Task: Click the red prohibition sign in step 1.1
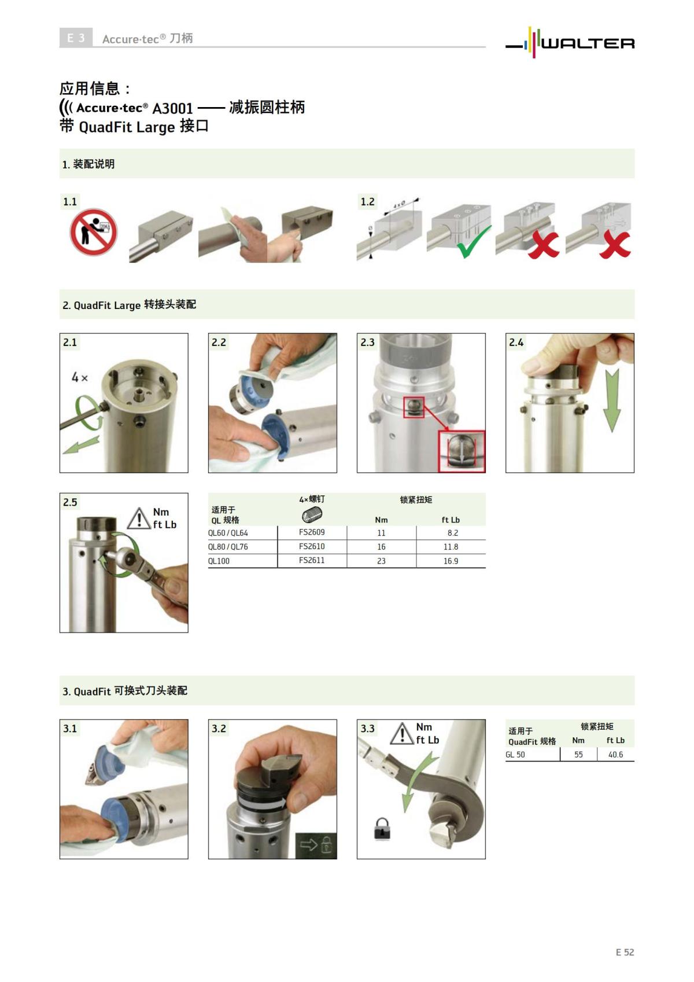tap(94, 233)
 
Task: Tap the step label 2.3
tap(367, 342)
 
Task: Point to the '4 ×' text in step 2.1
tap(80, 378)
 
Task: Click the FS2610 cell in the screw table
tap(312, 546)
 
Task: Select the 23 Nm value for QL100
tap(381, 561)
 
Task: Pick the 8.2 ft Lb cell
tap(452, 533)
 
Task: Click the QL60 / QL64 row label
tap(228, 533)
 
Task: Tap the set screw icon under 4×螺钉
tap(312, 514)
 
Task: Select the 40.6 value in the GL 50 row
tap(615, 755)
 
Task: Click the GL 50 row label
tap(515, 755)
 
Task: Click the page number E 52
tap(625, 952)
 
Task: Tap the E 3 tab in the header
tap(76, 38)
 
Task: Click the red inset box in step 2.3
tap(462, 451)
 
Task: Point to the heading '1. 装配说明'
tap(88, 164)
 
